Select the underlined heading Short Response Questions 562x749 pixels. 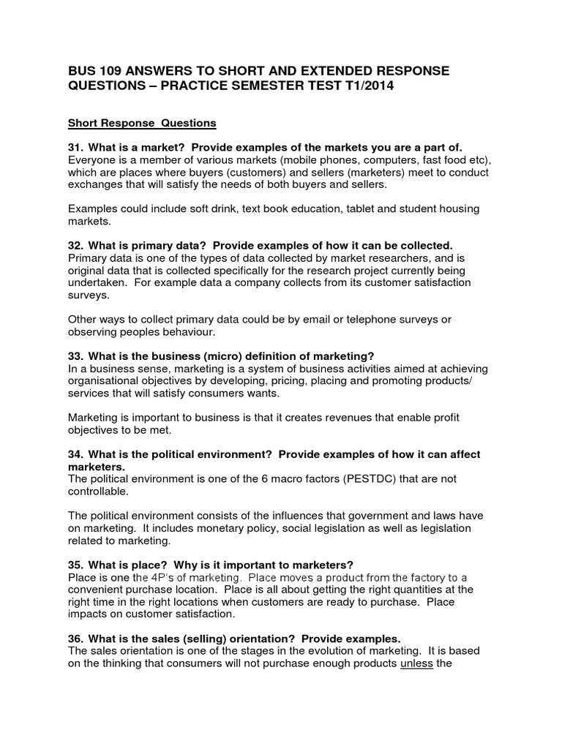point(142,123)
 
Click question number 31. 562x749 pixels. point(75,147)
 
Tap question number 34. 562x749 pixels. point(75,454)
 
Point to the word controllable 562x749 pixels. point(101,492)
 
